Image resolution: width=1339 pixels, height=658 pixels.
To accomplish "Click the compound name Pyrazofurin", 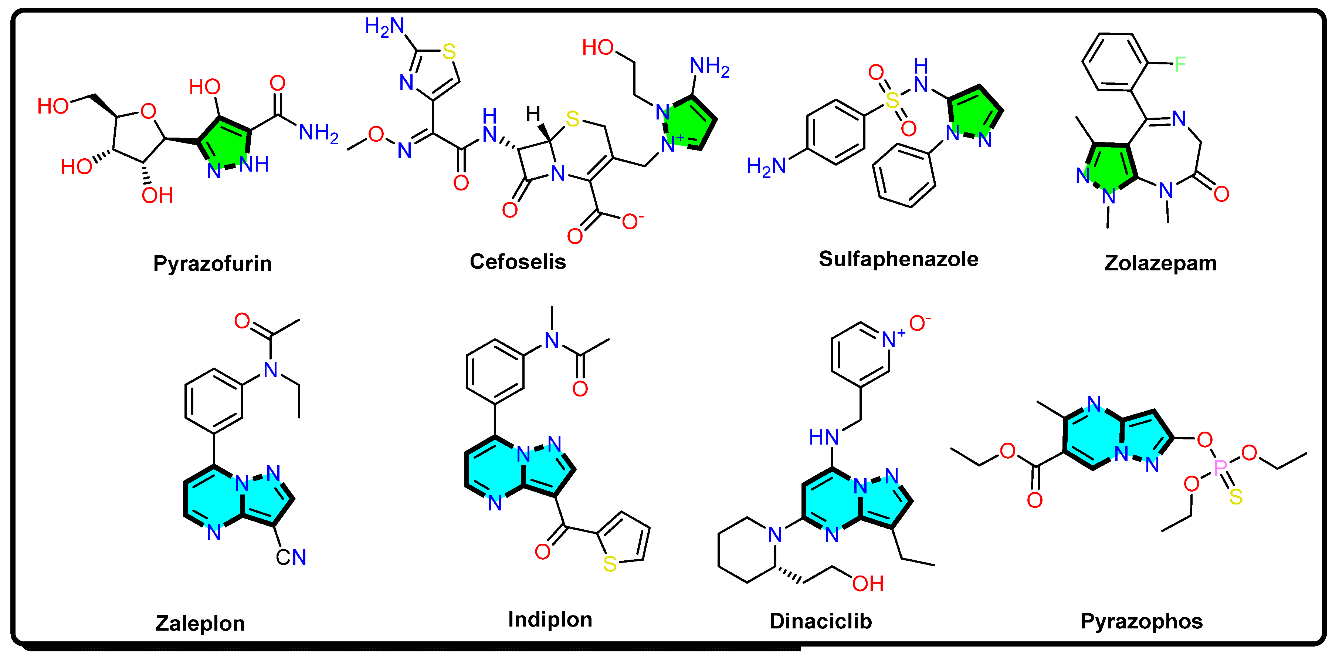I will (212, 263).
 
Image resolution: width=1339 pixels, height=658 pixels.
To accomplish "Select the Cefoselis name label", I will (517, 261).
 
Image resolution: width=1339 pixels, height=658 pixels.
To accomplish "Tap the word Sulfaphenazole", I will (898, 259).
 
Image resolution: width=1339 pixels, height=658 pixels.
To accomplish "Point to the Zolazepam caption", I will (1160, 263).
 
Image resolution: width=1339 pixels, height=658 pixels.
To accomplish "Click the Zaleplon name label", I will (200, 623).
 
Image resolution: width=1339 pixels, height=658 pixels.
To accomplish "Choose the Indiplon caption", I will (550, 620).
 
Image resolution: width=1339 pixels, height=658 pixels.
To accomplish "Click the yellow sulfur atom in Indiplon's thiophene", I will (610, 564).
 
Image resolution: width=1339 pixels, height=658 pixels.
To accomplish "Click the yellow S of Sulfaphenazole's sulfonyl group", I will (892, 100).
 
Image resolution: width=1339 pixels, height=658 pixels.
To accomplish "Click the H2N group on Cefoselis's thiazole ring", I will (384, 26).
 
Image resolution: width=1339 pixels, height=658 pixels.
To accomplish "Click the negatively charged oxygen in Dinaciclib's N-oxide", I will (918, 323).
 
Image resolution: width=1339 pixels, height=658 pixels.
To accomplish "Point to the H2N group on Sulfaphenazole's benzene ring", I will (766, 166).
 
